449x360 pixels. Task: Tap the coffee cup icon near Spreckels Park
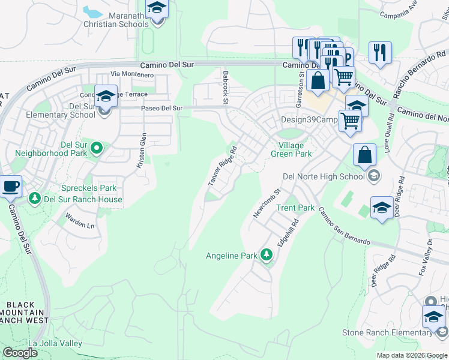[10, 186]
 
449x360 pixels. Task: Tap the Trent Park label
[295, 208]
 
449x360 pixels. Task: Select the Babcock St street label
[226, 87]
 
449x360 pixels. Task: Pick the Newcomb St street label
[267, 203]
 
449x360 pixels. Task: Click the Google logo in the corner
[20, 353]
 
